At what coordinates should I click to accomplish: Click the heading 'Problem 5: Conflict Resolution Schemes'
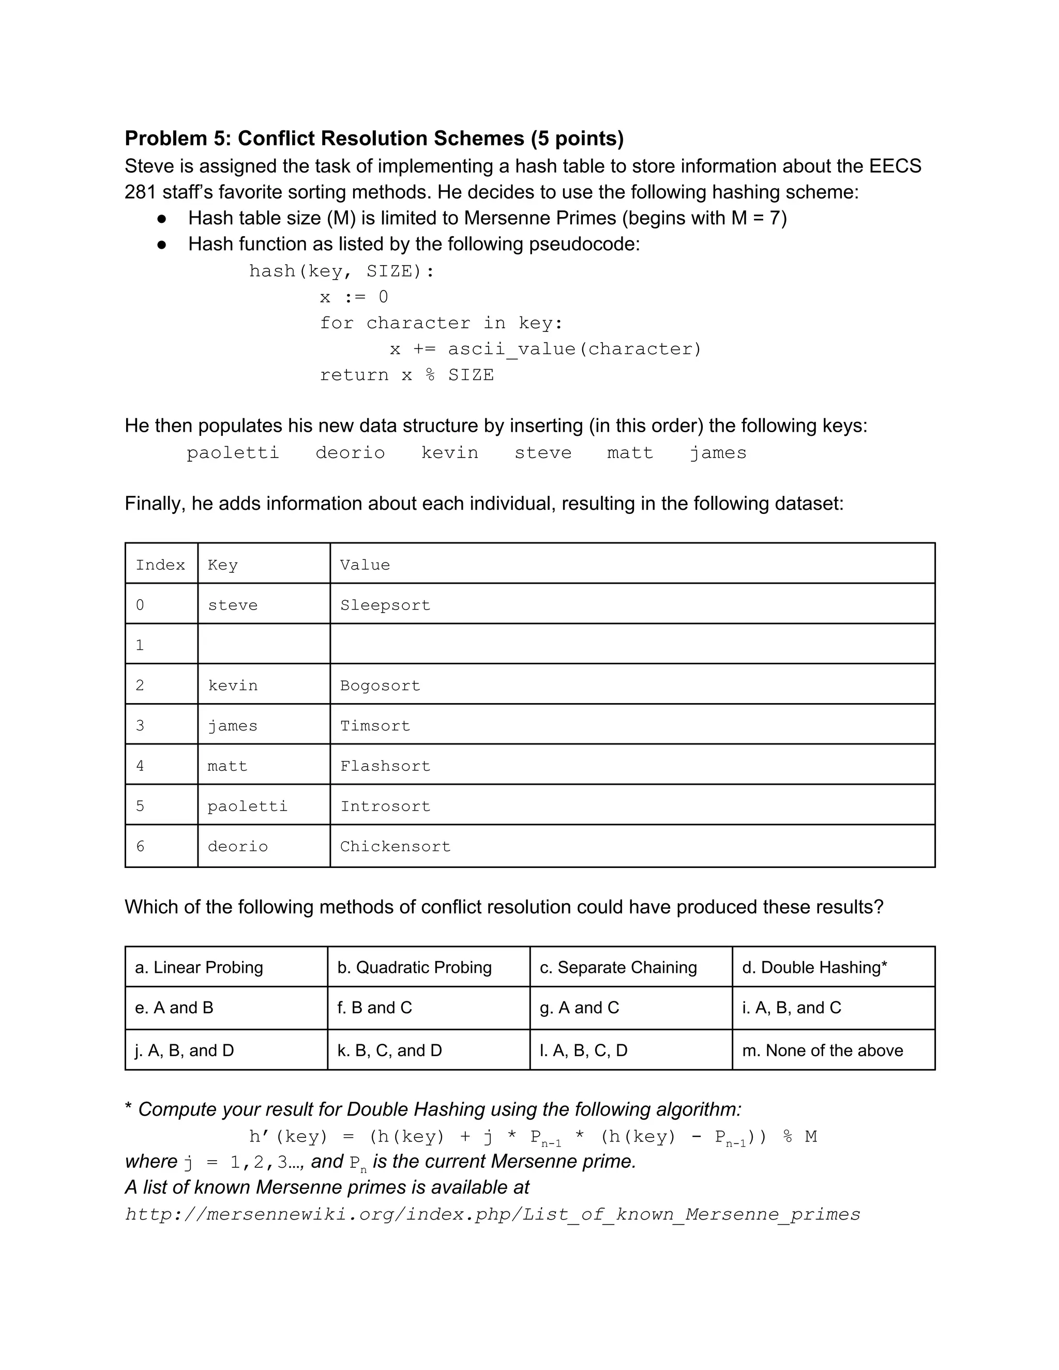pos(374,139)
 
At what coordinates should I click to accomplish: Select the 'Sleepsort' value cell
pos(385,605)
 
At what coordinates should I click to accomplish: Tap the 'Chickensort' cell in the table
pos(395,846)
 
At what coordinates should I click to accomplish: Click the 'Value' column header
pos(365,565)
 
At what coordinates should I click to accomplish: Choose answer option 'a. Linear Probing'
pos(199,967)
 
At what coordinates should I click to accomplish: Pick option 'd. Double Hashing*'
pos(814,967)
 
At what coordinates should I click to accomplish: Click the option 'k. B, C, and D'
pos(389,1050)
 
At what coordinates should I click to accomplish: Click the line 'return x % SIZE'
pos(406,375)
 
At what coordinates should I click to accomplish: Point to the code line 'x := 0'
pos(354,297)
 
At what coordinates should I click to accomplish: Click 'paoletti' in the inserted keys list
pos(233,453)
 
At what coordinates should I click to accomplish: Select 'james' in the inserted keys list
pos(718,453)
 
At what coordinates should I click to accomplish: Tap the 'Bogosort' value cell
pos(380,686)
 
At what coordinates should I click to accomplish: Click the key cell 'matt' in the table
pos(227,766)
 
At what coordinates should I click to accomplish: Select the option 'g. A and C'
pos(579,1008)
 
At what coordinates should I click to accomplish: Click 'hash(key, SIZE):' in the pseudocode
pos(341,271)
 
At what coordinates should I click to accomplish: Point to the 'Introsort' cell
pos(385,806)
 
